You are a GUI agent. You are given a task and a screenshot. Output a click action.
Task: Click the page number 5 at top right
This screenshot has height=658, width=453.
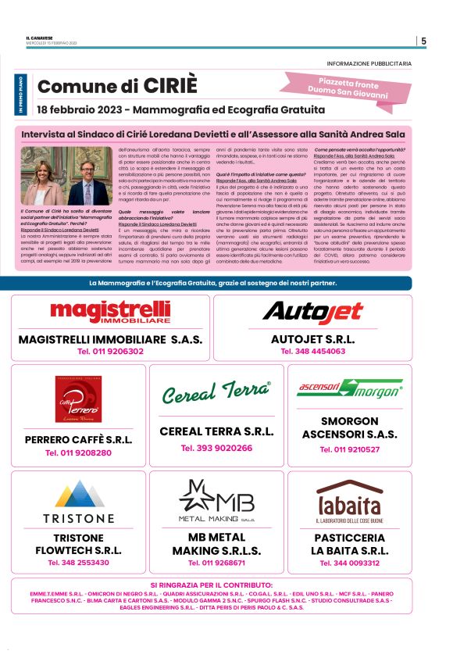click(423, 41)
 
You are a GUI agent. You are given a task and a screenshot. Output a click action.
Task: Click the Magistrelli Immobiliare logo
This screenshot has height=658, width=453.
click(110, 312)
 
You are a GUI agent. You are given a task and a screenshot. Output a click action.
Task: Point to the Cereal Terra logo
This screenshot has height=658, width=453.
click(216, 392)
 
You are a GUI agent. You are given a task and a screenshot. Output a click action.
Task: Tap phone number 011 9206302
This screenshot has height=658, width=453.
click(110, 352)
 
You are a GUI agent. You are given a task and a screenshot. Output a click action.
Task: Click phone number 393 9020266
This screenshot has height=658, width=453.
click(216, 448)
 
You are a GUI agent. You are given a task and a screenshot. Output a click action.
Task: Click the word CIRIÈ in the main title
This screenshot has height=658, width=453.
click(171, 86)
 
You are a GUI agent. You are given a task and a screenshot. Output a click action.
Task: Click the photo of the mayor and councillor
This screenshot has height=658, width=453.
click(67, 176)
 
